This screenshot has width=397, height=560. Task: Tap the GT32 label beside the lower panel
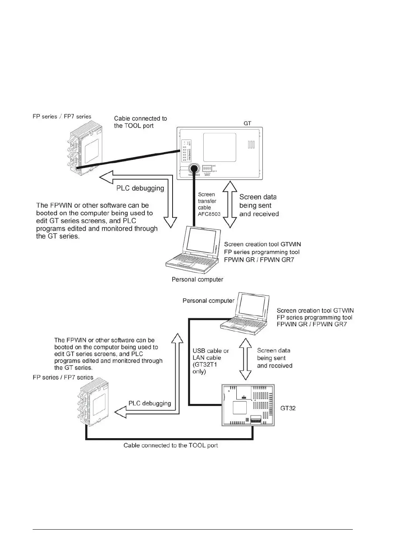point(288,408)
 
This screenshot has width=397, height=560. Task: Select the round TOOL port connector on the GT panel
point(193,168)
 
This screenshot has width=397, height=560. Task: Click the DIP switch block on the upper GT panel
point(207,168)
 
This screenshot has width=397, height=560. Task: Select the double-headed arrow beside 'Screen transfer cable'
point(230,205)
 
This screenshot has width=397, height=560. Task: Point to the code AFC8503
point(209,214)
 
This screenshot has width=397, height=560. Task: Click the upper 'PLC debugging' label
point(140,188)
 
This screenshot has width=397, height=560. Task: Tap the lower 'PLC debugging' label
point(149,403)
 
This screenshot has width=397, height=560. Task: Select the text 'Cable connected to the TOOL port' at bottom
point(171,445)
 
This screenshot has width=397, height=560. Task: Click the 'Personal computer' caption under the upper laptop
point(197,279)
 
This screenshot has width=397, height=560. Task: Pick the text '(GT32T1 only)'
point(204,368)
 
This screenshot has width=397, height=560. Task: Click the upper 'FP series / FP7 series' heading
point(62,116)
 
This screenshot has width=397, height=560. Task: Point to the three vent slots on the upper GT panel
point(251,145)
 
